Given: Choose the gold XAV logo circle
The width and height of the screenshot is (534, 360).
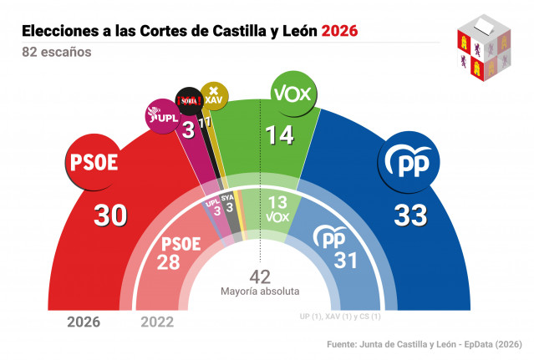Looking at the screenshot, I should (x=213, y=94).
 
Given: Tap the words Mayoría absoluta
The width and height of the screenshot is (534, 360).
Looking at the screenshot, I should (x=260, y=292).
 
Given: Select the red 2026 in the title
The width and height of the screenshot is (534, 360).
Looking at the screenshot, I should (x=335, y=31).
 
